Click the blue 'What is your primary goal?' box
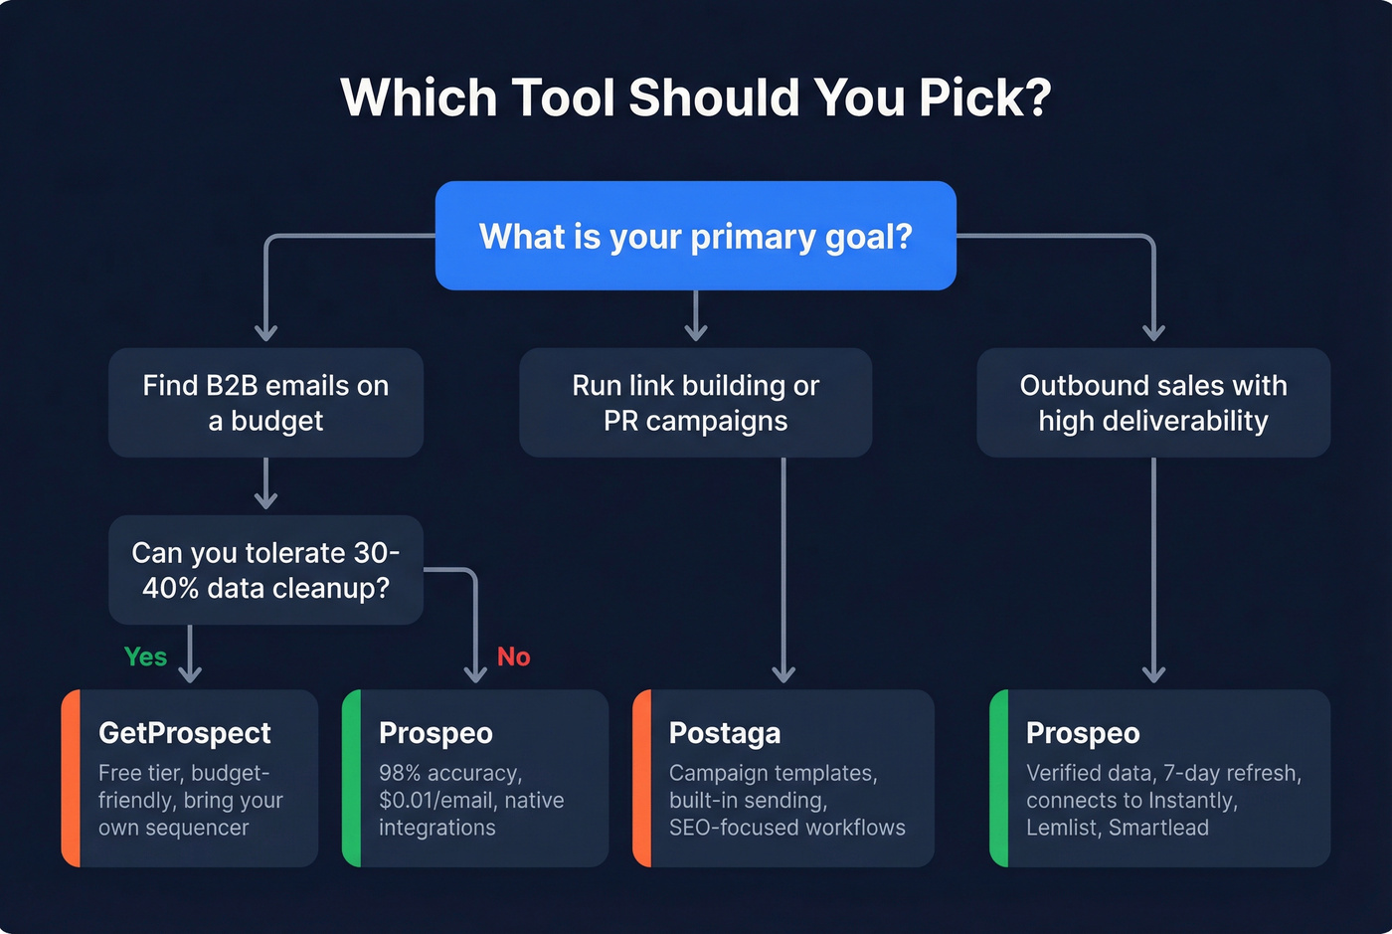coord(696,236)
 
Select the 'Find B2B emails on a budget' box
coord(265,403)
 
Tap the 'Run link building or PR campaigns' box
coord(696,403)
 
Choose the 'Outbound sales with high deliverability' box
coord(1153,403)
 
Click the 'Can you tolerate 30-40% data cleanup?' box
coord(265,570)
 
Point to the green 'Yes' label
coord(145,656)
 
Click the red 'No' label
coord(513,656)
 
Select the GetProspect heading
coord(185,733)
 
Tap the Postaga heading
coord(725,733)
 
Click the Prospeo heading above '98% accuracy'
coord(435,733)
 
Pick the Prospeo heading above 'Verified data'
coord(1083,733)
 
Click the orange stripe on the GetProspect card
coord(71,778)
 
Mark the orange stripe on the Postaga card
coord(642,778)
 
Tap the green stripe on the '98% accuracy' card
coord(351,778)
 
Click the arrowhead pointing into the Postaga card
coord(783,674)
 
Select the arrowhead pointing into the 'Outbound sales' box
coord(1153,332)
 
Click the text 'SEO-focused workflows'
coord(787,828)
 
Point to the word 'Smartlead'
coord(1158,828)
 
